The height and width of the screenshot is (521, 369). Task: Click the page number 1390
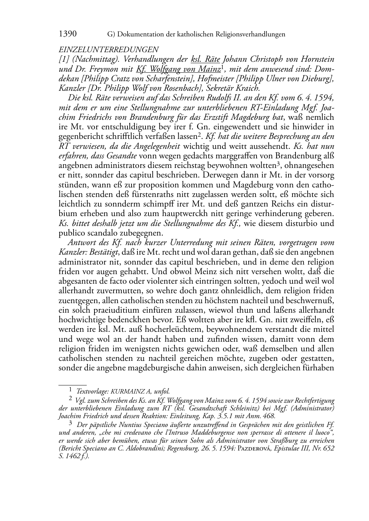[x=68, y=34]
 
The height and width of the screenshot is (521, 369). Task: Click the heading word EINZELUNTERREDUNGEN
[x=108, y=50]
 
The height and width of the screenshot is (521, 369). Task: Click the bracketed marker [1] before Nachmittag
[x=64, y=59]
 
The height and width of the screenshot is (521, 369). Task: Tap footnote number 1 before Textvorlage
[x=70, y=391]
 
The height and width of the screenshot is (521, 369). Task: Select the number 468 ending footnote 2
[x=269, y=416]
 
